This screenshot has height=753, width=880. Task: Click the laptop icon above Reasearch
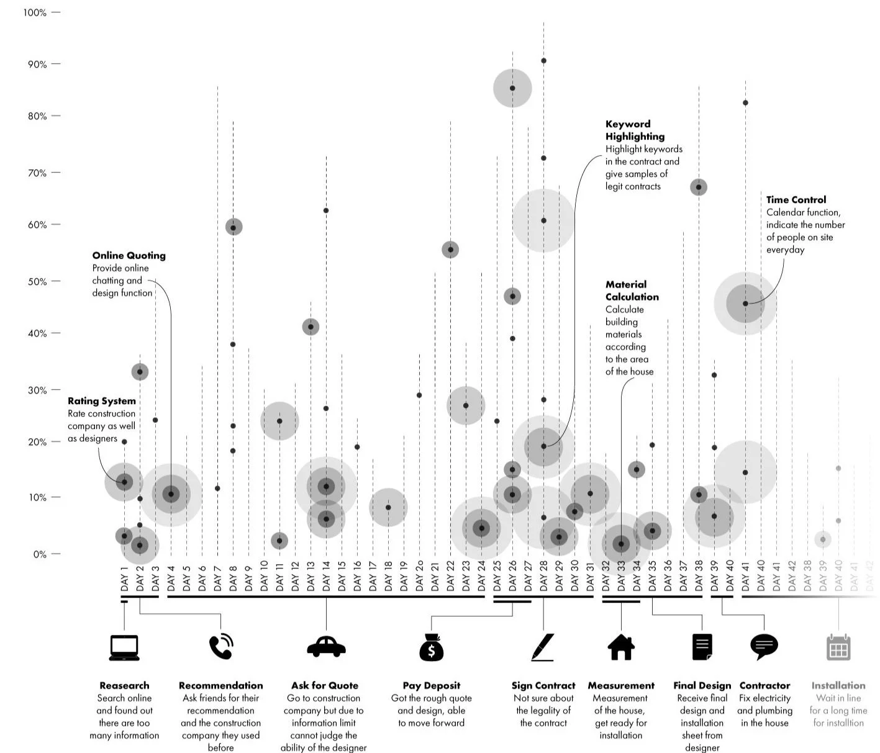[x=124, y=647]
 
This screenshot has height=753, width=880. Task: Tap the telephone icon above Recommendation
[x=220, y=646]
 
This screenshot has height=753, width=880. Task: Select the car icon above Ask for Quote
[x=326, y=646]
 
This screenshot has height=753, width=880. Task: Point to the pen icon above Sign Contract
[x=543, y=647]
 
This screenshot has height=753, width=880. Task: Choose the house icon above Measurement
[x=621, y=646]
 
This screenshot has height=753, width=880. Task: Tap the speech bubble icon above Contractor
[x=764, y=647]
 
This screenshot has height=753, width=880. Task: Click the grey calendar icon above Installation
[x=838, y=647]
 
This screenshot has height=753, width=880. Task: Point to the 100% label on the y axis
[x=35, y=12]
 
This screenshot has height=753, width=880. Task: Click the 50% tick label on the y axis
[x=37, y=281]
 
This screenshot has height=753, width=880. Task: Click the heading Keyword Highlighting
[x=635, y=130]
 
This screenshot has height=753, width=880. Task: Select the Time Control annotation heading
[x=796, y=200]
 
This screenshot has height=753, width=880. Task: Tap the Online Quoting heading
[x=129, y=255]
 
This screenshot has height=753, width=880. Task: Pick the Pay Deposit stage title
[x=431, y=685]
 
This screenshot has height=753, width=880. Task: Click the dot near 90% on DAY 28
[x=543, y=61]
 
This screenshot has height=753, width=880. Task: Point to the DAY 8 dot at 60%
[x=234, y=227]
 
